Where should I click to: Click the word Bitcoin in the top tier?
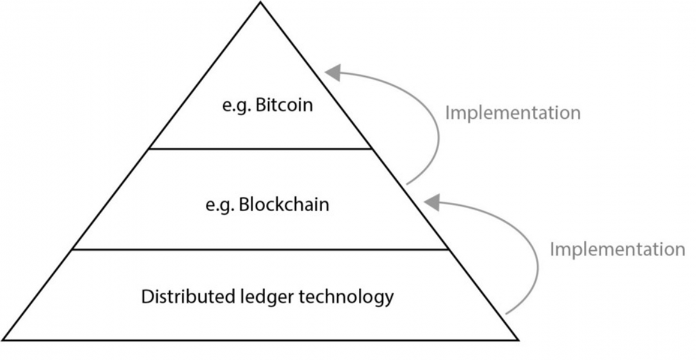(284, 106)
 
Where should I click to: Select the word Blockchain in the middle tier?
(284, 205)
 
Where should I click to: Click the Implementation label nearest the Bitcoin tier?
(512, 113)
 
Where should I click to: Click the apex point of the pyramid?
(260, 2)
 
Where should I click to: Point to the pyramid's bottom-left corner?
(4, 340)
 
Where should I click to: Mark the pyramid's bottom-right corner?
(518, 340)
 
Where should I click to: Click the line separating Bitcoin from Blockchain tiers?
(260, 148)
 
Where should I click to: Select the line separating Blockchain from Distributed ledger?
(260, 249)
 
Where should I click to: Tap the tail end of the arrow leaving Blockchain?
(408, 183)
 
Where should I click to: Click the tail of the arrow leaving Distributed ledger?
(508, 313)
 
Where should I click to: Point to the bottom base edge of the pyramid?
(260, 340)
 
